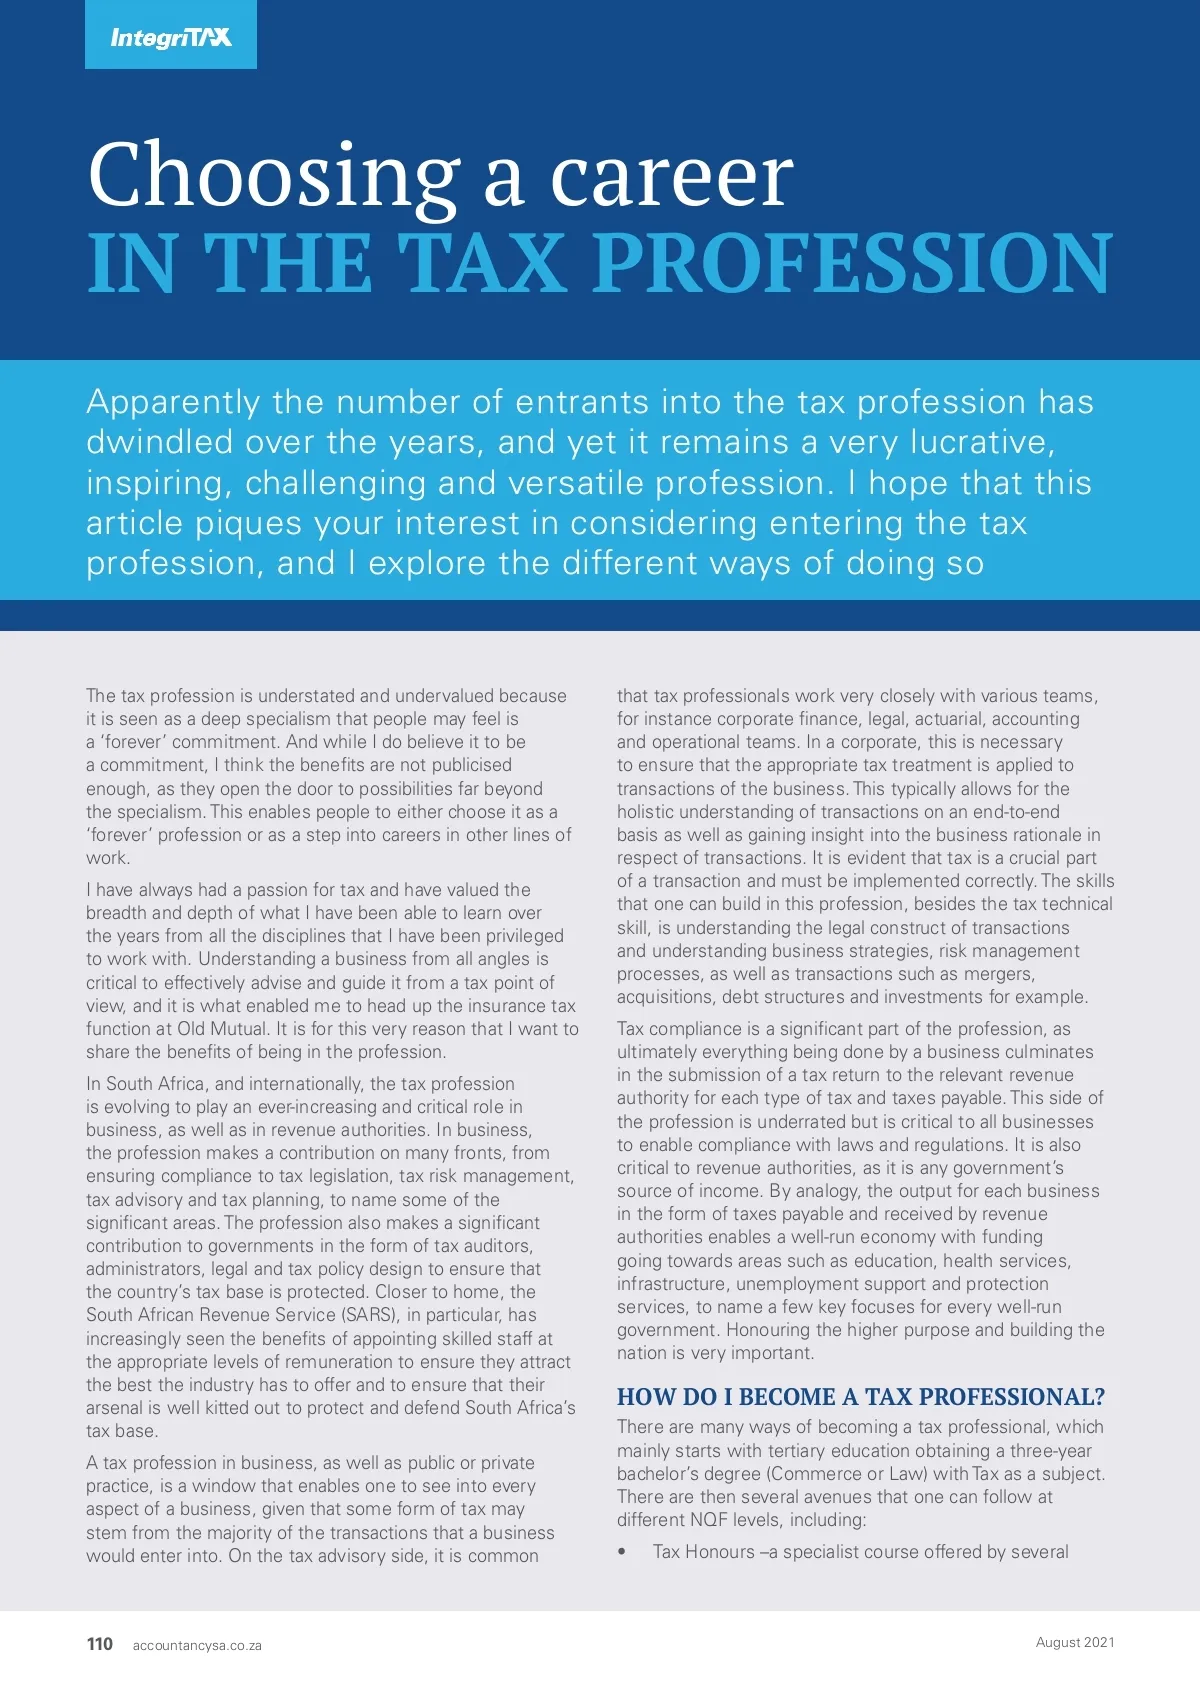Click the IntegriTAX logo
click(171, 37)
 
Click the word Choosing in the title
click(273, 177)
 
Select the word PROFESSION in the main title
click(853, 263)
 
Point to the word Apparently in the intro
click(173, 402)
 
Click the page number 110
click(100, 1644)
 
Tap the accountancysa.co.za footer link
click(197, 1646)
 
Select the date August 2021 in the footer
click(1075, 1642)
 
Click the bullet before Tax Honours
click(622, 1552)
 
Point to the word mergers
click(999, 974)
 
